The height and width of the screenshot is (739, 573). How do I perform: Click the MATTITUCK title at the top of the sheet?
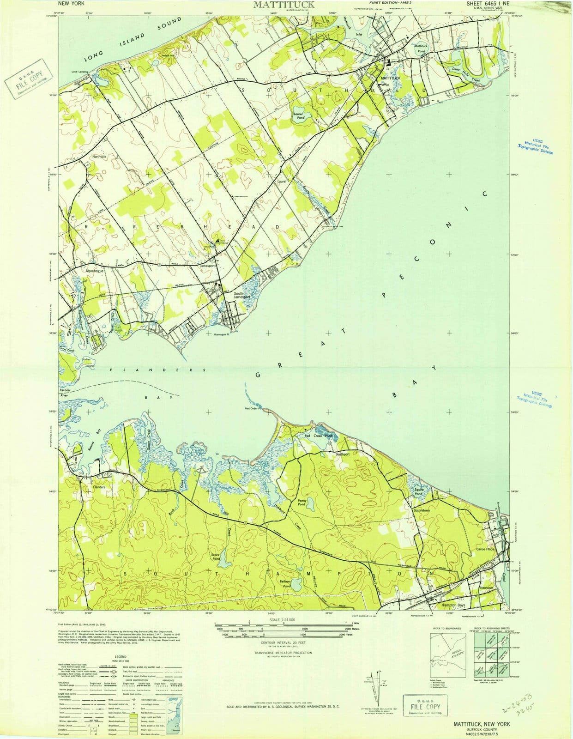[283, 5]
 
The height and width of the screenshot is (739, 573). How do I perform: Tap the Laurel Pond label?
[298, 116]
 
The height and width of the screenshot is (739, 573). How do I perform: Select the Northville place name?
[99, 157]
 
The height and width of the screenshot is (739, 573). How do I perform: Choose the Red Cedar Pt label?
[253, 408]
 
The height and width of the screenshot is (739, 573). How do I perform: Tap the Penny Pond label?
[302, 503]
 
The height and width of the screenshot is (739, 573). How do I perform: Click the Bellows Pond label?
[287, 584]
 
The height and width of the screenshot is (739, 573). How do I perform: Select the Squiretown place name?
[422, 510]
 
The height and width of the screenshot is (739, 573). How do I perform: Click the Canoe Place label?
[485, 549]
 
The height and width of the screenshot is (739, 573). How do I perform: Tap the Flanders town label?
[99, 487]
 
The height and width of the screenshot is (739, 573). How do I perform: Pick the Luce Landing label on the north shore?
[80, 72]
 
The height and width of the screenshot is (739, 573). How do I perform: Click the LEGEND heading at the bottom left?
[121, 656]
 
